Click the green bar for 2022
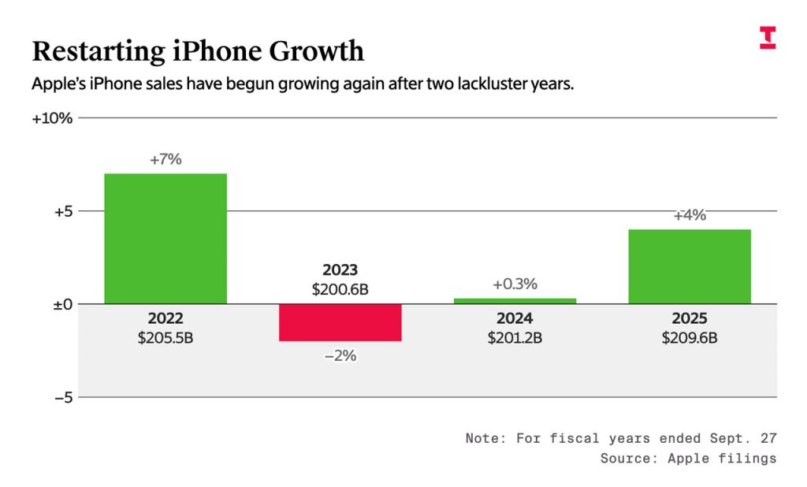pos(165,238)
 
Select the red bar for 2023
pos(340,322)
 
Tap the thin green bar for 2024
pos(515,301)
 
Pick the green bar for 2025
pos(690,266)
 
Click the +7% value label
pos(165,159)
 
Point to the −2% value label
pos(340,355)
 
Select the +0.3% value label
pos(515,284)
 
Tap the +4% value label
pos(690,215)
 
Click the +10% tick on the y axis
pos(52,118)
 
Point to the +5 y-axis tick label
pos(63,211)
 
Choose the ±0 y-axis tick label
pos(63,304)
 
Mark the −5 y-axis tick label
pos(63,397)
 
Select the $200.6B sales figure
pos(340,289)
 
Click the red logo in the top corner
pos(768,37)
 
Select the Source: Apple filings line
pos(688,458)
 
